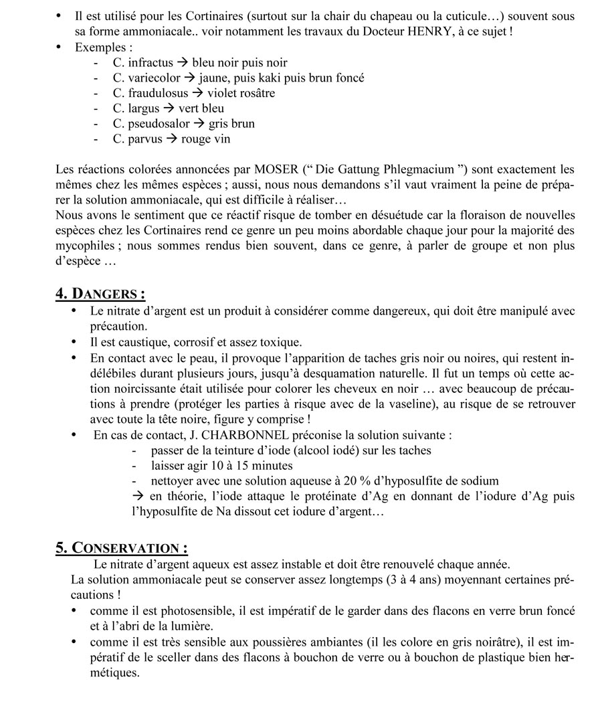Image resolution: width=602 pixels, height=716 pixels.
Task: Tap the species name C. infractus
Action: coord(142,63)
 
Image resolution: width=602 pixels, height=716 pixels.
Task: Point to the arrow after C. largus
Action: coord(169,108)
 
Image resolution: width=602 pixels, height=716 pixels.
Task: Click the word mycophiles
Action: coord(85,246)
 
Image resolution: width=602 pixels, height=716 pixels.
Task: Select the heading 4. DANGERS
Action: coord(100,294)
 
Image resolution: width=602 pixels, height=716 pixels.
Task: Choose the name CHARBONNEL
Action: coord(237,435)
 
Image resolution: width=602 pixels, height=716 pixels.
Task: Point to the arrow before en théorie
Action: coord(138,497)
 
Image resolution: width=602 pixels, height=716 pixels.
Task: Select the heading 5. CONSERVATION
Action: coord(121,548)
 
